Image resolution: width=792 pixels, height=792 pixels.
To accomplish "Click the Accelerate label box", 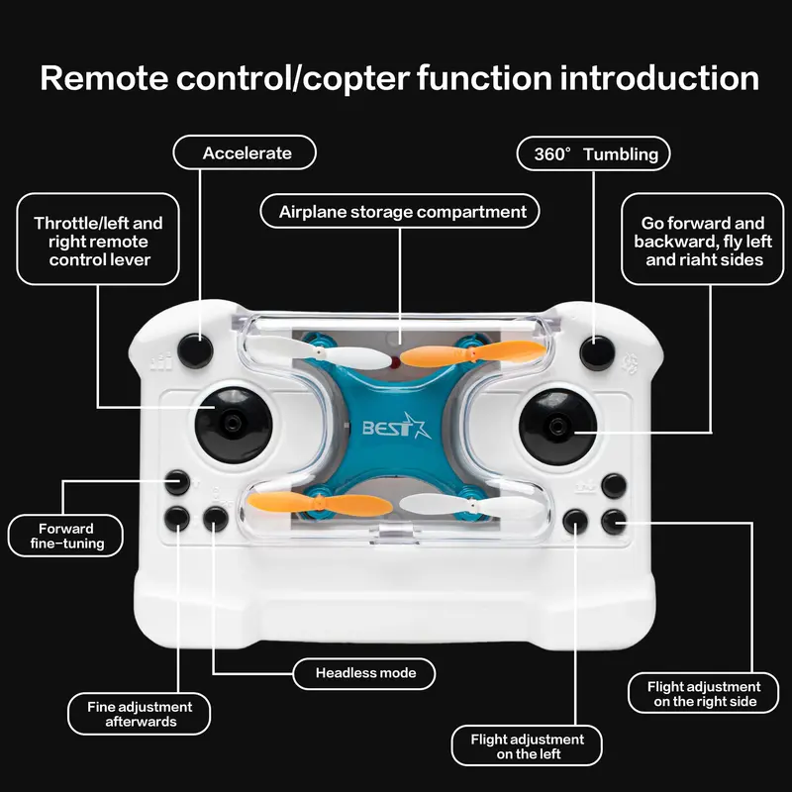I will (246, 153).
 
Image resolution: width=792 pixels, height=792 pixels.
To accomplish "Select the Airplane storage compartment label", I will (401, 212).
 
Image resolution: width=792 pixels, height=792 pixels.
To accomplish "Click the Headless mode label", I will (366, 673).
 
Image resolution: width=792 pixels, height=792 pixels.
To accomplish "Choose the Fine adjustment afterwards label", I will (140, 714).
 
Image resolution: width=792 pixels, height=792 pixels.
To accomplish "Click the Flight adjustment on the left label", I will (527, 746).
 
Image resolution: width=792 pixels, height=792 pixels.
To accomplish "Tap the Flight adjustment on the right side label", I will (703, 693).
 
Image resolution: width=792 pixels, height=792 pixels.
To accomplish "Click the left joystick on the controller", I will (233, 423).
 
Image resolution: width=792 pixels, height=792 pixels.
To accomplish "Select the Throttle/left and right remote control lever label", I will (98, 242).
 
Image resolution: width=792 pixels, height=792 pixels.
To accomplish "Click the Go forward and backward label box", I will (703, 242).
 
